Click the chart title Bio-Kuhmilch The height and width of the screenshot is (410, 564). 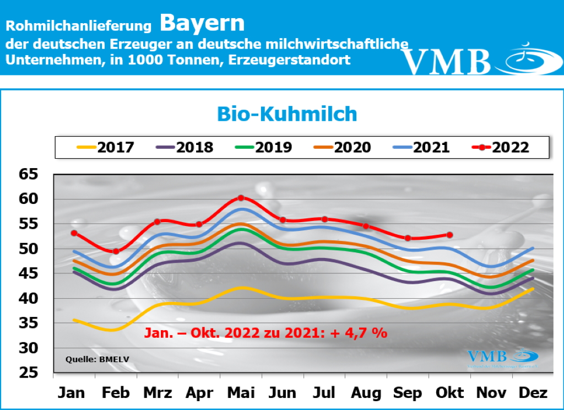[286, 114]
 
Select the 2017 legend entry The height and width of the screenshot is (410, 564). [105, 147]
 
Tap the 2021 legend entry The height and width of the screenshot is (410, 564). [422, 147]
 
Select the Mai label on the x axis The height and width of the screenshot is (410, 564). [241, 392]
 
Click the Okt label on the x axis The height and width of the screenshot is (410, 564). [450, 392]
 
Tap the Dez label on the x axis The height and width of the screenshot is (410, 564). [533, 392]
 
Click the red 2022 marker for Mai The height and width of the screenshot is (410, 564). [241, 198]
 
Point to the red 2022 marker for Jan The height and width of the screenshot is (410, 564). [74, 233]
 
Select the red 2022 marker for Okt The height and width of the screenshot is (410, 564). [450, 235]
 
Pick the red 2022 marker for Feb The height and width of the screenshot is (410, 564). [116, 251]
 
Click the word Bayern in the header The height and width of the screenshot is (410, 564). [202, 23]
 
